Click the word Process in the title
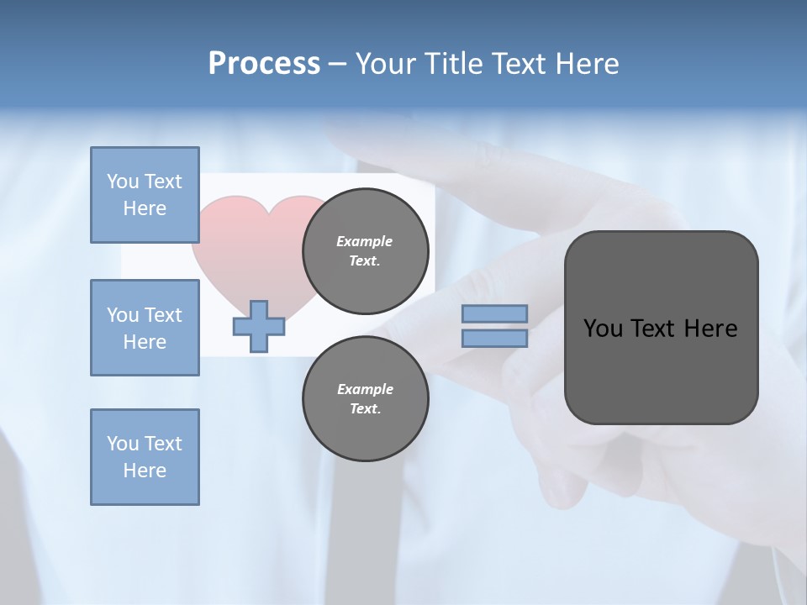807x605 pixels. (x=264, y=64)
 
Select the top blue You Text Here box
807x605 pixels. (x=145, y=195)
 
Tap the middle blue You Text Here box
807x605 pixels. (x=145, y=328)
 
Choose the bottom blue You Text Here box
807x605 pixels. (x=145, y=456)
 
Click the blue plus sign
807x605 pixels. (x=259, y=326)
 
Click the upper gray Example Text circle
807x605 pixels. (x=365, y=250)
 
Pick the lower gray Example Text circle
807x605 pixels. (x=365, y=398)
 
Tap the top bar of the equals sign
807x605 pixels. (x=494, y=313)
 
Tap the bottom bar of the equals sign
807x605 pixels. (x=494, y=338)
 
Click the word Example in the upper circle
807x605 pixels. (x=365, y=241)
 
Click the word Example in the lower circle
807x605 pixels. (x=365, y=389)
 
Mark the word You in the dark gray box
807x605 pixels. (x=603, y=329)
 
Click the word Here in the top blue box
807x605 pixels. (x=145, y=208)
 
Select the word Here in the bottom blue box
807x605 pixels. (x=145, y=471)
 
